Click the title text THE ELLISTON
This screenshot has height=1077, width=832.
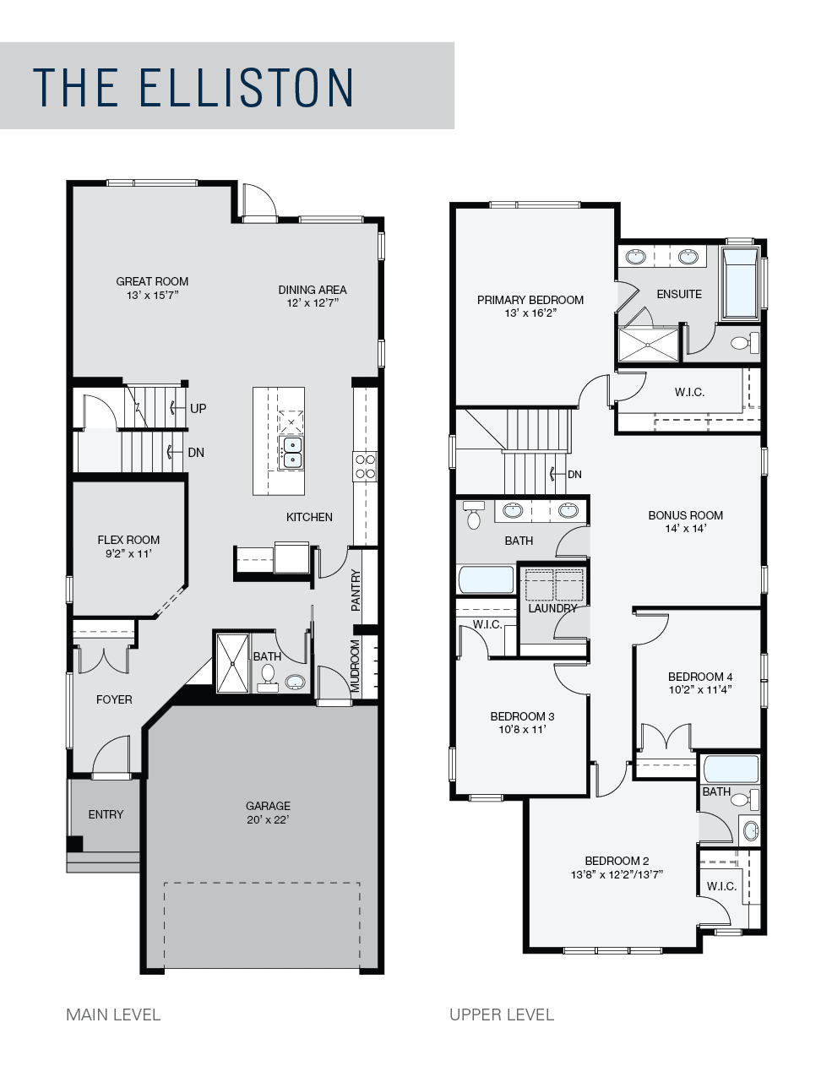point(193,87)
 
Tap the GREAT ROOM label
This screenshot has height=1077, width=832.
point(152,281)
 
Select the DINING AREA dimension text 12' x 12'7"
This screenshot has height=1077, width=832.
point(313,303)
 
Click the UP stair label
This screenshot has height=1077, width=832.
point(198,408)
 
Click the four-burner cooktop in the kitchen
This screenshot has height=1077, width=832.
point(365,466)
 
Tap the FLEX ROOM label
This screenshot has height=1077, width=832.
point(129,540)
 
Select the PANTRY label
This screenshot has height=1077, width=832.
point(356,590)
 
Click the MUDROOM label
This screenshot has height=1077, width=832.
point(355,666)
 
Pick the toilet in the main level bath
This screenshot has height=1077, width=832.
point(268,676)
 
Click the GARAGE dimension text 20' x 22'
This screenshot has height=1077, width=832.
point(268,819)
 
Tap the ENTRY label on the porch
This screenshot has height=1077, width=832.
point(106,814)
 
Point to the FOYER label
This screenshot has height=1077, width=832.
point(115,699)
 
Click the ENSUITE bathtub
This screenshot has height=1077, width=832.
point(740,283)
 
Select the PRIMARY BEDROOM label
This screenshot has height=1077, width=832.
point(530,300)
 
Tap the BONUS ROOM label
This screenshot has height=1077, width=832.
point(686,515)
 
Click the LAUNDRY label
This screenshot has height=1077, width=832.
point(552,608)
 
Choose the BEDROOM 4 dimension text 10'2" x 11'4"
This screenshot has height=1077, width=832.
point(701,689)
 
